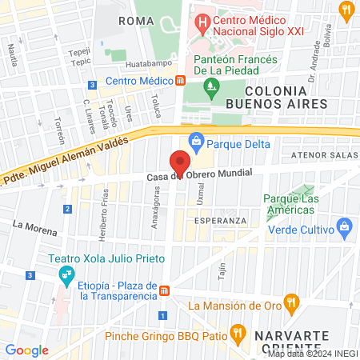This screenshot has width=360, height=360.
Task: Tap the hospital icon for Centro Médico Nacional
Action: click(204, 20)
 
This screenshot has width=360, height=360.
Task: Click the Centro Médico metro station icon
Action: click(181, 81)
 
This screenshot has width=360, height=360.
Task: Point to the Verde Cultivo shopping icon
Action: click(344, 226)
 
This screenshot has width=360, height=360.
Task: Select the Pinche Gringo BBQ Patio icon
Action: click(236, 330)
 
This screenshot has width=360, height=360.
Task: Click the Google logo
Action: click(26, 350)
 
